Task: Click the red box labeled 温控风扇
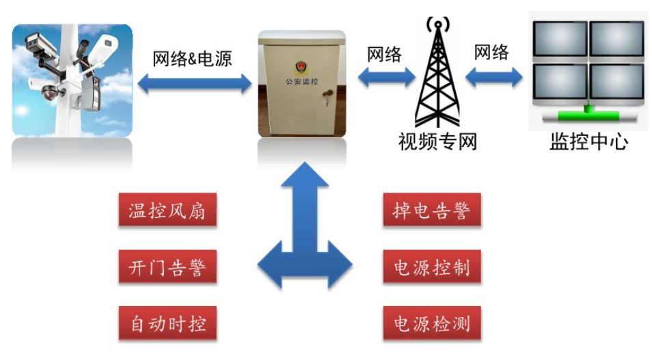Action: [167, 210]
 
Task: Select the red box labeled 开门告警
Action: [167, 266]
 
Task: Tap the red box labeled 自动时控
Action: [167, 322]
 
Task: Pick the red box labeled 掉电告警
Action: [431, 210]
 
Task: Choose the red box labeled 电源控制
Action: [431, 266]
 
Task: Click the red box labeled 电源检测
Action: [431, 322]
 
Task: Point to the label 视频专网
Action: [437, 142]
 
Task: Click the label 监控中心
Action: [588, 141]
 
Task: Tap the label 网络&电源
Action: [192, 59]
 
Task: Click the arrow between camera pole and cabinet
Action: [195, 84]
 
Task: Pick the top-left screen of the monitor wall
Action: [560, 40]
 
